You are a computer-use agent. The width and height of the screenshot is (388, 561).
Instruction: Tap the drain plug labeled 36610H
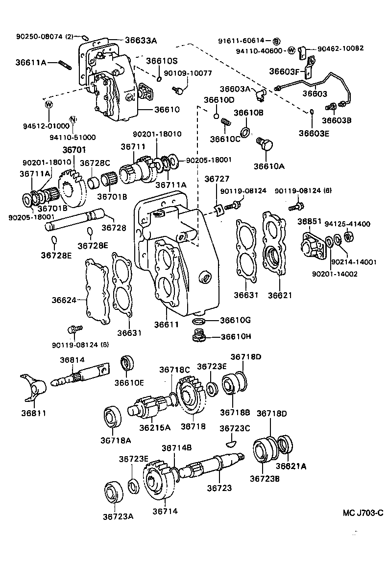tap(198, 337)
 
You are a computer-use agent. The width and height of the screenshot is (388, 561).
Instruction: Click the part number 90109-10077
tap(188, 73)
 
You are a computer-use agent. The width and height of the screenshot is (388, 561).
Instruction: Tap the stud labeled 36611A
tap(65, 64)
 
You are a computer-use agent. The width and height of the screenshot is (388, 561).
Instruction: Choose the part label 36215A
tap(154, 427)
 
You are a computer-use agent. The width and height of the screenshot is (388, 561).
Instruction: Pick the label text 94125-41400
tap(350, 224)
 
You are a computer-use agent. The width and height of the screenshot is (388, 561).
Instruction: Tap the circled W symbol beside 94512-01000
tap(48, 104)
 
